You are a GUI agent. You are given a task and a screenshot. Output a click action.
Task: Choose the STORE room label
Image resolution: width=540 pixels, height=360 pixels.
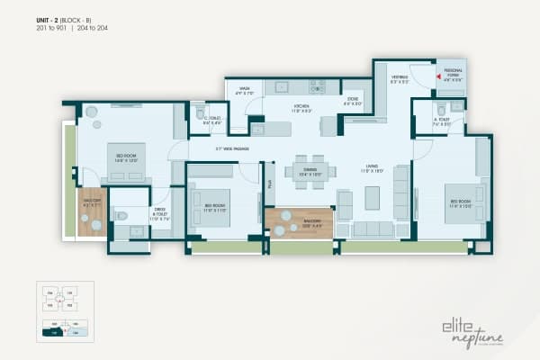click(352, 101)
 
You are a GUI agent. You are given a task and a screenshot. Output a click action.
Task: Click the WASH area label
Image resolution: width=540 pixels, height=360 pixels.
click(245, 90)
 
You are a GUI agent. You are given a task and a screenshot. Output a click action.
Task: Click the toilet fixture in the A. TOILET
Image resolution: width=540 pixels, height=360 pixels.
click(455, 107)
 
